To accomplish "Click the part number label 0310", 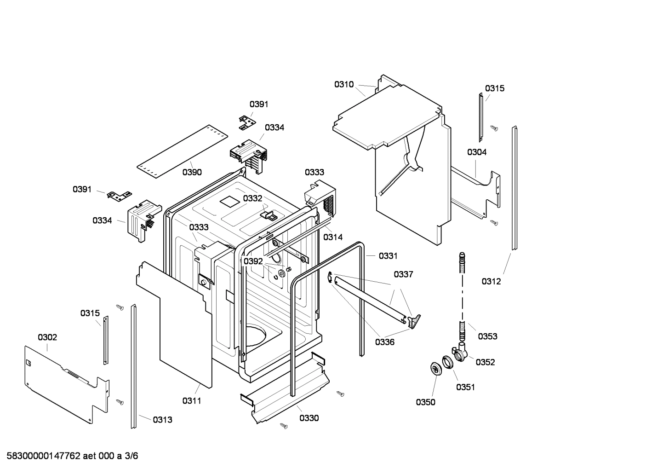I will coord(343,84).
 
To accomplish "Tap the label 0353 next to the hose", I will coord(487,336).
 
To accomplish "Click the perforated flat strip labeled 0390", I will coord(182,150).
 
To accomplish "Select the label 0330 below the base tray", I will coord(309,418).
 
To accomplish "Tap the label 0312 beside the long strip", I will coord(491,281).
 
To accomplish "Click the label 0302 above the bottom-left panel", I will coord(47,337).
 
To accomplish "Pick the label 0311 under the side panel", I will coord(192,401).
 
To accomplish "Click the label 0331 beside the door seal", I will coord(388,256).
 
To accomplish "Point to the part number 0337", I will coord(403,274).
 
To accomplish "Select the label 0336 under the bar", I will coord(384,342).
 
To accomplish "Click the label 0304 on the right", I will coord(477,152).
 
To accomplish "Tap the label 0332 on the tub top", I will coord(252,198).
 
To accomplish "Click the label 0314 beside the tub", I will coord(332,237).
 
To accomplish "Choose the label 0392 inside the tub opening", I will coord(253,261).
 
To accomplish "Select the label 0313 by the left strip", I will coord(162,419).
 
